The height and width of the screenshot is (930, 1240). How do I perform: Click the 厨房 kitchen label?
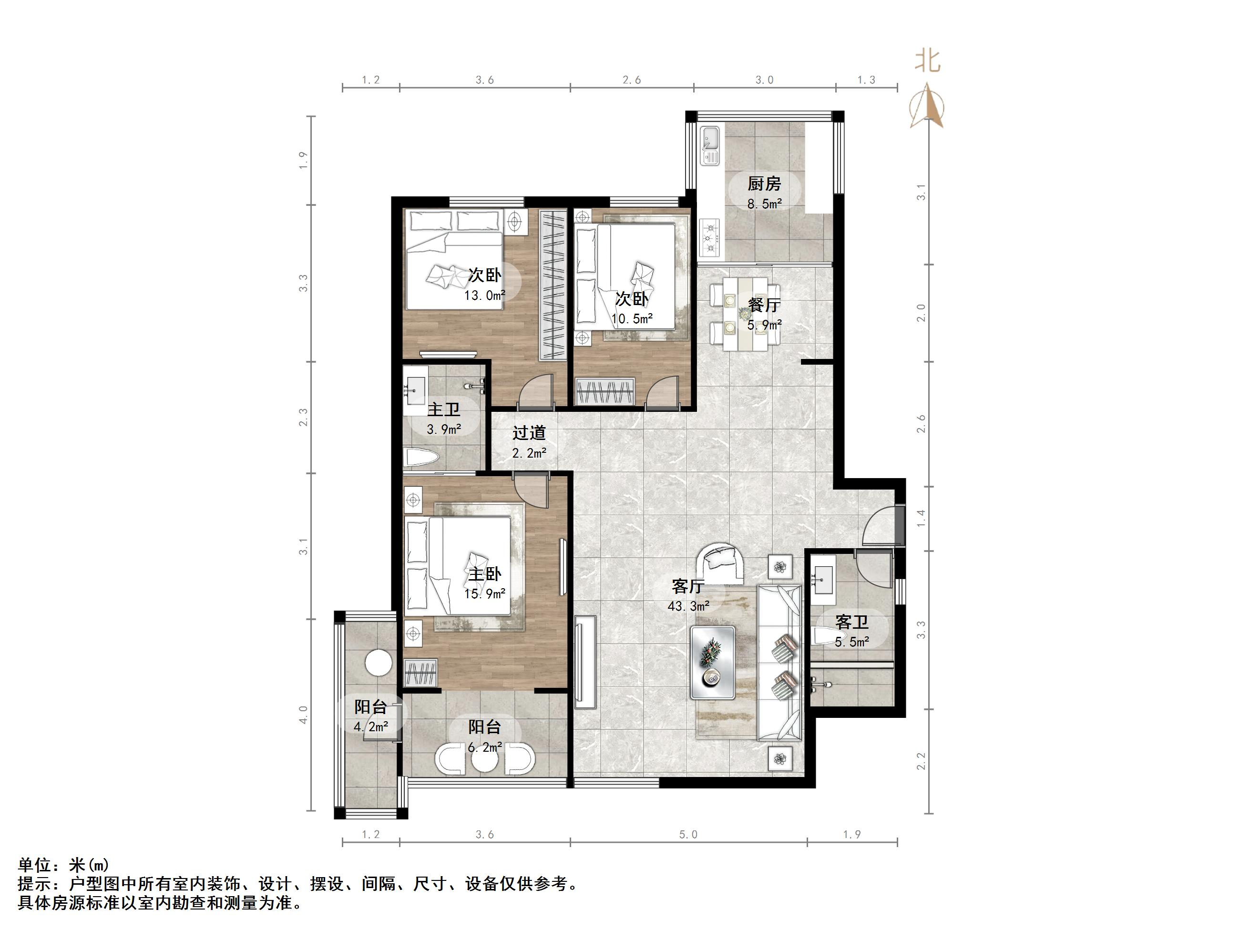764,184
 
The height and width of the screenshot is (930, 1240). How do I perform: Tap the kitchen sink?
710,146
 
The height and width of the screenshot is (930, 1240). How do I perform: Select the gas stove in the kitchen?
710,238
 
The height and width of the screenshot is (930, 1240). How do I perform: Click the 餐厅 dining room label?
764,305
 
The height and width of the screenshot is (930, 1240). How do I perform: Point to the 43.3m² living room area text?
688,606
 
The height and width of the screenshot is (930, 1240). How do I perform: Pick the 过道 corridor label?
529,433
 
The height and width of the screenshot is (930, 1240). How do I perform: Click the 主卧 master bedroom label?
484,573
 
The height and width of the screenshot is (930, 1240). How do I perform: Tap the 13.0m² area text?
484,296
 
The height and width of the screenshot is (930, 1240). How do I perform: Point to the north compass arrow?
927,105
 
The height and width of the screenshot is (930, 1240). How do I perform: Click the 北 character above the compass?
928,61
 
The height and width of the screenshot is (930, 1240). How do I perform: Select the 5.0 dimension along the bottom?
688,835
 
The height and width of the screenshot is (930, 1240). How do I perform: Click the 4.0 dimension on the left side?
303,715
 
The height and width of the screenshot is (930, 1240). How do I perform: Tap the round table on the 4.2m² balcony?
379,663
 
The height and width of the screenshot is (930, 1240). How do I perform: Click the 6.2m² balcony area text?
484,747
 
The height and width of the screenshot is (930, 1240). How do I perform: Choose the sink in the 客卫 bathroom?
823,580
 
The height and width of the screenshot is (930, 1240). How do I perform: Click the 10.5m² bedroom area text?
632,319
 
